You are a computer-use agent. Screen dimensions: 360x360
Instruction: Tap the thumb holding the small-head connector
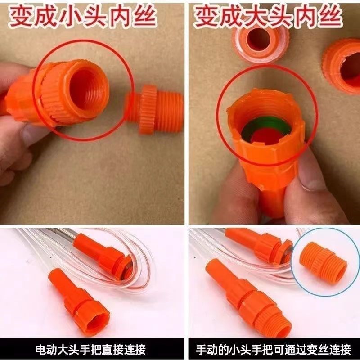[27, 135]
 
